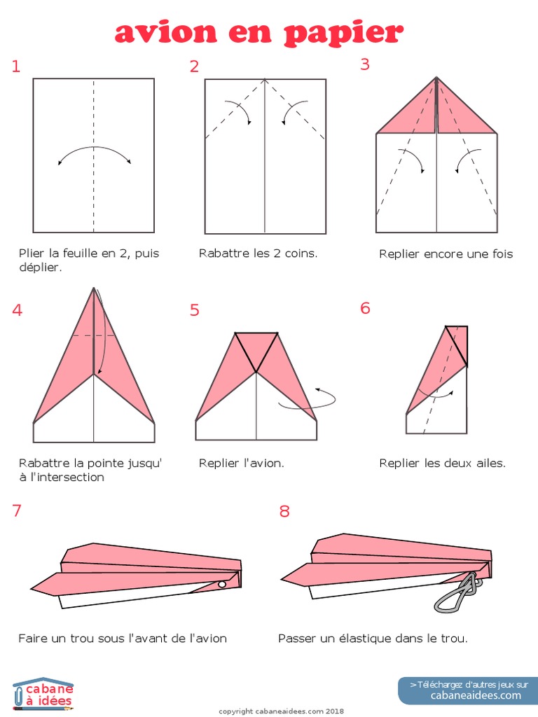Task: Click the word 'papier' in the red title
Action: pos(343,34)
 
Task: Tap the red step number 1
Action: pos(16,67)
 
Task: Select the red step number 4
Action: pos(17,310)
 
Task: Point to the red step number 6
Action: pos(365,308)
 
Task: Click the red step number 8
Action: pos(284,510)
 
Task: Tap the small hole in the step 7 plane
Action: pos(222,584)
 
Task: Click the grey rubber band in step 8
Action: pos(458,594)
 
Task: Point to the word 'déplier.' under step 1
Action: pos(40,267)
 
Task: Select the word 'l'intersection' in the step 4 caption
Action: pos(67,477)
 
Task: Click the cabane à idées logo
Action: pos(43,694)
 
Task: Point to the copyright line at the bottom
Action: pos(282,711)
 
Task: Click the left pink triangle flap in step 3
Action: pos(406,107)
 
